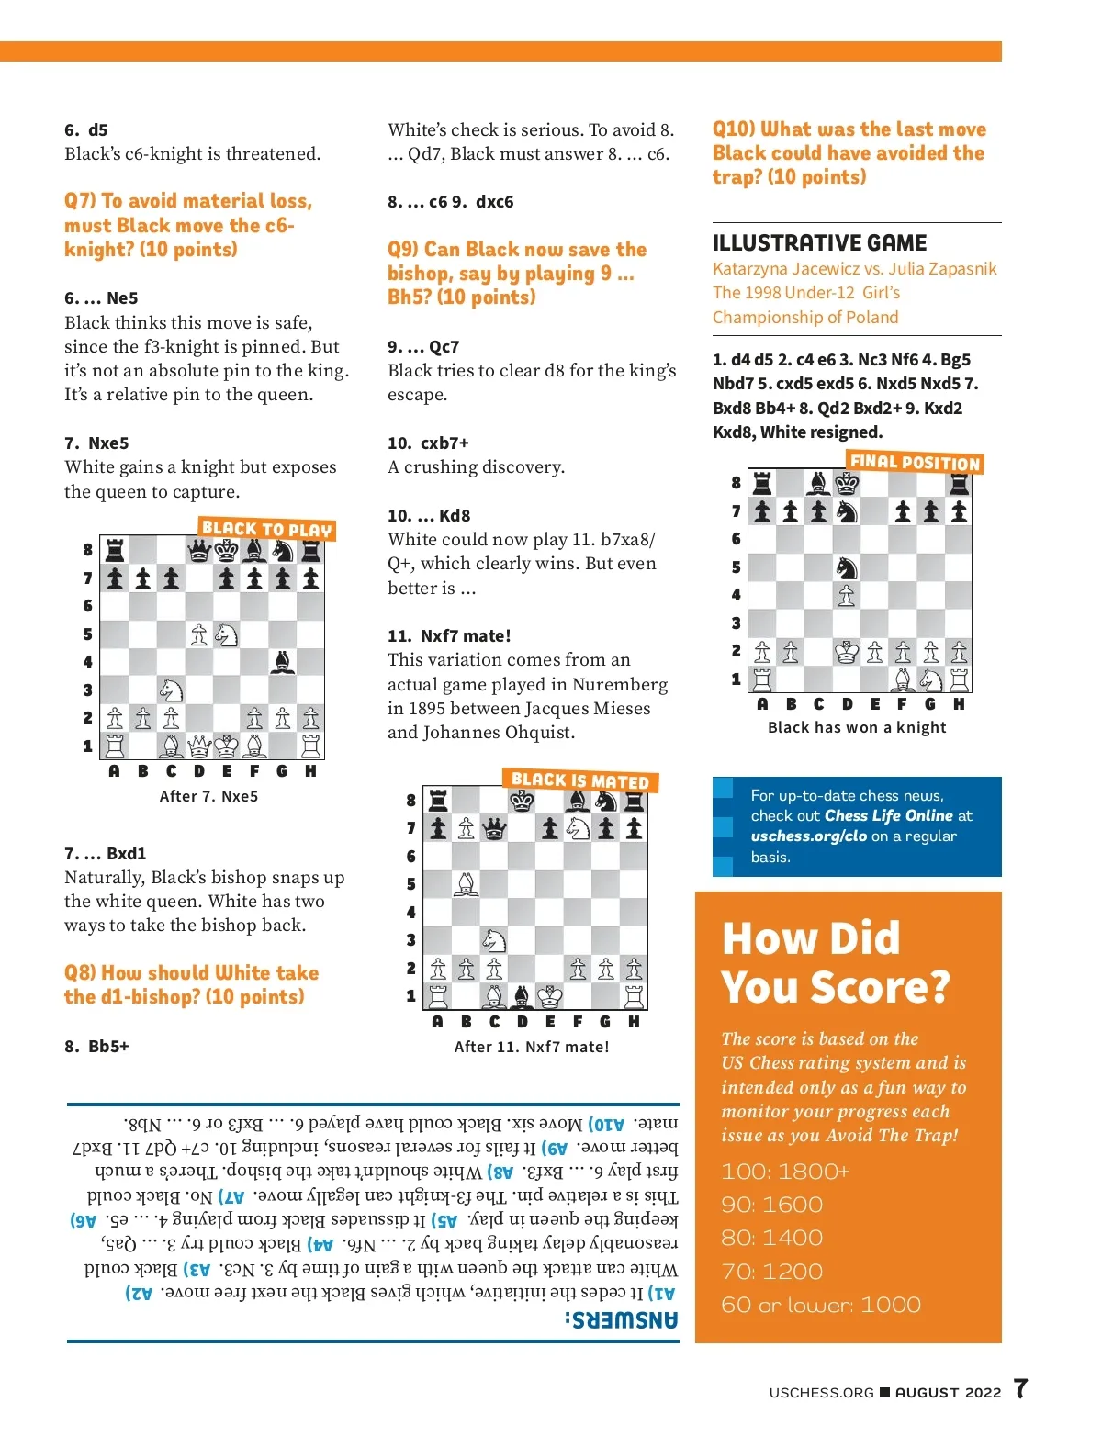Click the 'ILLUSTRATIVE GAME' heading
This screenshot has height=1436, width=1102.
[819, 243]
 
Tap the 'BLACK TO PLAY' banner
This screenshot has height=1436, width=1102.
[266, 529]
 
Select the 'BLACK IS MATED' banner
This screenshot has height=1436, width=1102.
[579, 780]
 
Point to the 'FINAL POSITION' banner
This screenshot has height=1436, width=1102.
[915, 462]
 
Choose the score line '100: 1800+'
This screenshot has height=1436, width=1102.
[785, 1172]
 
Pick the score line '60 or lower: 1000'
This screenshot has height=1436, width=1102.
[821, 1305]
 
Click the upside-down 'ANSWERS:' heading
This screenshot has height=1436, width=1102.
[621, 1320]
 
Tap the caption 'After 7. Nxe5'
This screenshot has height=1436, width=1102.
[208, 796]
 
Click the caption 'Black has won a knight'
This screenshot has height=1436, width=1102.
[857, 727]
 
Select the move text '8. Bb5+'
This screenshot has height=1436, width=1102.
[96, 1046]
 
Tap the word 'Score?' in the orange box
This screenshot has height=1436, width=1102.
[881, 987]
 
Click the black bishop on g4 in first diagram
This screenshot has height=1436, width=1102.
[283, 661]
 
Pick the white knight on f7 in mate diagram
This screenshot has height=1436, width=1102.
[578, 828]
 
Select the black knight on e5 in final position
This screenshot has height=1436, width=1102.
[847, 567]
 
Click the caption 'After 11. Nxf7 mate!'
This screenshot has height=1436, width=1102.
[531, 1047]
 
